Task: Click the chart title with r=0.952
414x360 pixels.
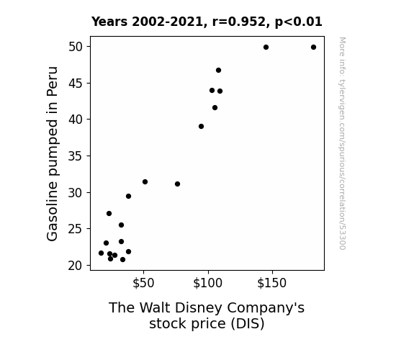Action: click(x=207, y=22)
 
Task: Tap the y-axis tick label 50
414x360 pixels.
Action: click(x=76, y=47)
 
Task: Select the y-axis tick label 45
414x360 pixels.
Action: click(x=76, y=84)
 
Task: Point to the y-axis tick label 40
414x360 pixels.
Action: click(x=76, y=120)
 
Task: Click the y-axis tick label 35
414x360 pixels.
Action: click(x=76, y=156)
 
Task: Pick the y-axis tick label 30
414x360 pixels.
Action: click(x=76, y=192)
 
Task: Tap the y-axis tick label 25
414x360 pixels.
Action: click(x=76, y=229)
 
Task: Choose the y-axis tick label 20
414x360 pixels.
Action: click(x=76, y=266)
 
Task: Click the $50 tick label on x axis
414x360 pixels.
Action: click(x=143, y=283)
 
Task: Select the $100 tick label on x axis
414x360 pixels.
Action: click(x=208, y=283)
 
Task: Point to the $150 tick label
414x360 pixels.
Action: click(x=272, y=283)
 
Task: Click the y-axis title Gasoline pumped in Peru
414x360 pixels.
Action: click(x=52, y=153)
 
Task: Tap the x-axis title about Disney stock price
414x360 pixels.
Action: click(x=207, y=315)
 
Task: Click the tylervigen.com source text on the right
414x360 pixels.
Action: click(x=343, y=143)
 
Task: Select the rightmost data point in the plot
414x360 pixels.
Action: click(x=313, y=48)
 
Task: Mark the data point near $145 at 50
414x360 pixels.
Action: click(x=266, y=48)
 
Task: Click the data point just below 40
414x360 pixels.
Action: click(x=201, y=127)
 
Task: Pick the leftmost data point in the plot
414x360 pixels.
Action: click(x=101, y=253)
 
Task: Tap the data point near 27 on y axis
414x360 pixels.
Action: click(x=109, y=213)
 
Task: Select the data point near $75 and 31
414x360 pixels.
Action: click(x=177, y=184)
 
